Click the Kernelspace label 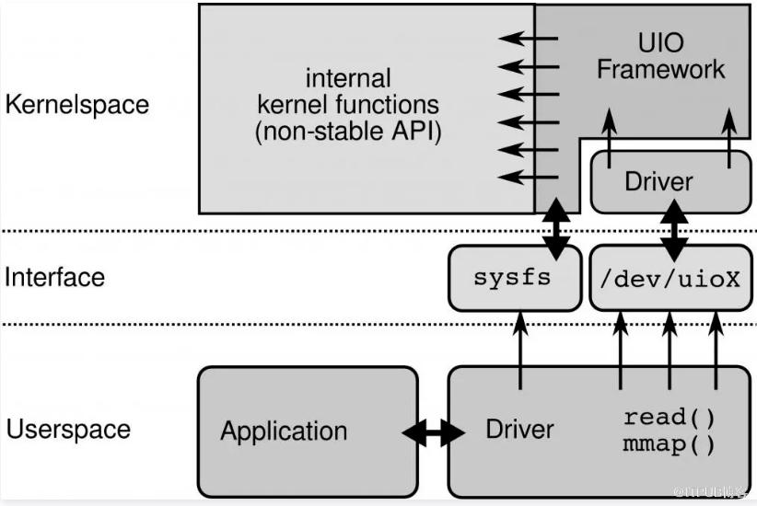76,104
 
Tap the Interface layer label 55,277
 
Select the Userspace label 69,430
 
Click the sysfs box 512,277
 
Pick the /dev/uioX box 670,277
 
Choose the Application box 308,431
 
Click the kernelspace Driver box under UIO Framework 658,181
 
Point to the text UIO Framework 660,56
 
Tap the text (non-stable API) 348,132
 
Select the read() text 670,417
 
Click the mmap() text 670,447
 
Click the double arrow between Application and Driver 433,432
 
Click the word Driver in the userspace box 519,430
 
